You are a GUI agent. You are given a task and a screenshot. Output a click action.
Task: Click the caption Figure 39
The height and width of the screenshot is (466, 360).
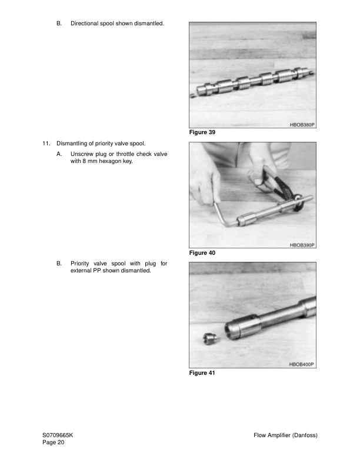pos(202,132)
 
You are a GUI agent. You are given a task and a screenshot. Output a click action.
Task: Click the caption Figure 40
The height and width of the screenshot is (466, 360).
pos(202,252)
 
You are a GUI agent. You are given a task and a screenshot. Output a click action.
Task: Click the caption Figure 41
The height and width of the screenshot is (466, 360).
pos(202,373)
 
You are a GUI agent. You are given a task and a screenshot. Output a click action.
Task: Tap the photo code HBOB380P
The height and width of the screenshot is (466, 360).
pos(302,125)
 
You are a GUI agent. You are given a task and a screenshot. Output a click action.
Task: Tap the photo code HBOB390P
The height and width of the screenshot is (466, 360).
pos(302,245)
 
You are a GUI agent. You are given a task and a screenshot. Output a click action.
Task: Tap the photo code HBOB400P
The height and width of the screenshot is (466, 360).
pos(302,365)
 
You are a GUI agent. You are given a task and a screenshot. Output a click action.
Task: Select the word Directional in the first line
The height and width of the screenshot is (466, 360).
pos(85,24)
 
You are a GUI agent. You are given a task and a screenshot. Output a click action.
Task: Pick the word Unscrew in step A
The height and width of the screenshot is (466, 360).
pos(82,154)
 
